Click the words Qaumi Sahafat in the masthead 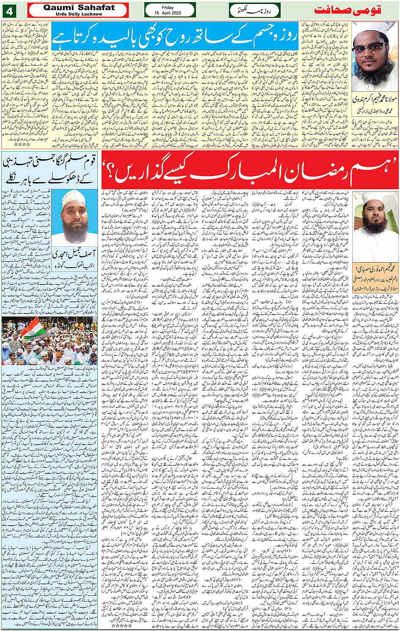click(x=79, y=7)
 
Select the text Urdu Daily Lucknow click(x=79, y=14)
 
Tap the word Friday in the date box click(x=168, y=7)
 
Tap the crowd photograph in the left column click(x=49, y=341)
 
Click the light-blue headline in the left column click(x=50, y=170)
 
